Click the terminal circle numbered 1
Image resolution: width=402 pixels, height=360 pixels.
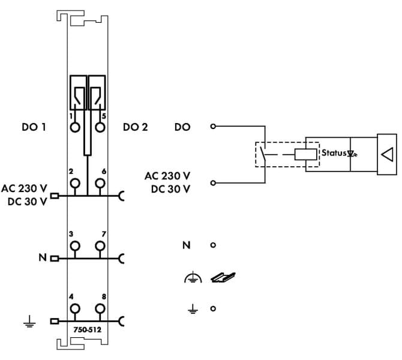coord(75,127)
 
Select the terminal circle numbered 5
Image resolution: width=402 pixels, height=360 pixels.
coord(100,127)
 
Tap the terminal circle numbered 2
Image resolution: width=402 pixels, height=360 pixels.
coord(75,184)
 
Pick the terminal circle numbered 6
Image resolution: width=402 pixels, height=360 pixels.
coord(100,184)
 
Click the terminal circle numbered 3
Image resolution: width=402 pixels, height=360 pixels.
coord(75,246)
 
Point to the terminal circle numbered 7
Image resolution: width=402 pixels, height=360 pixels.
coord(100,246)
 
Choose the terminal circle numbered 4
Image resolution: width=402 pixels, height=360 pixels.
coord(75,309)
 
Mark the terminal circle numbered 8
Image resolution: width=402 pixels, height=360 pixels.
coord(100,309)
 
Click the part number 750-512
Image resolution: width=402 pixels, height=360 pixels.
coord(88,329)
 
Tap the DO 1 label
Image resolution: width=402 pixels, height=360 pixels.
coord(34,127)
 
